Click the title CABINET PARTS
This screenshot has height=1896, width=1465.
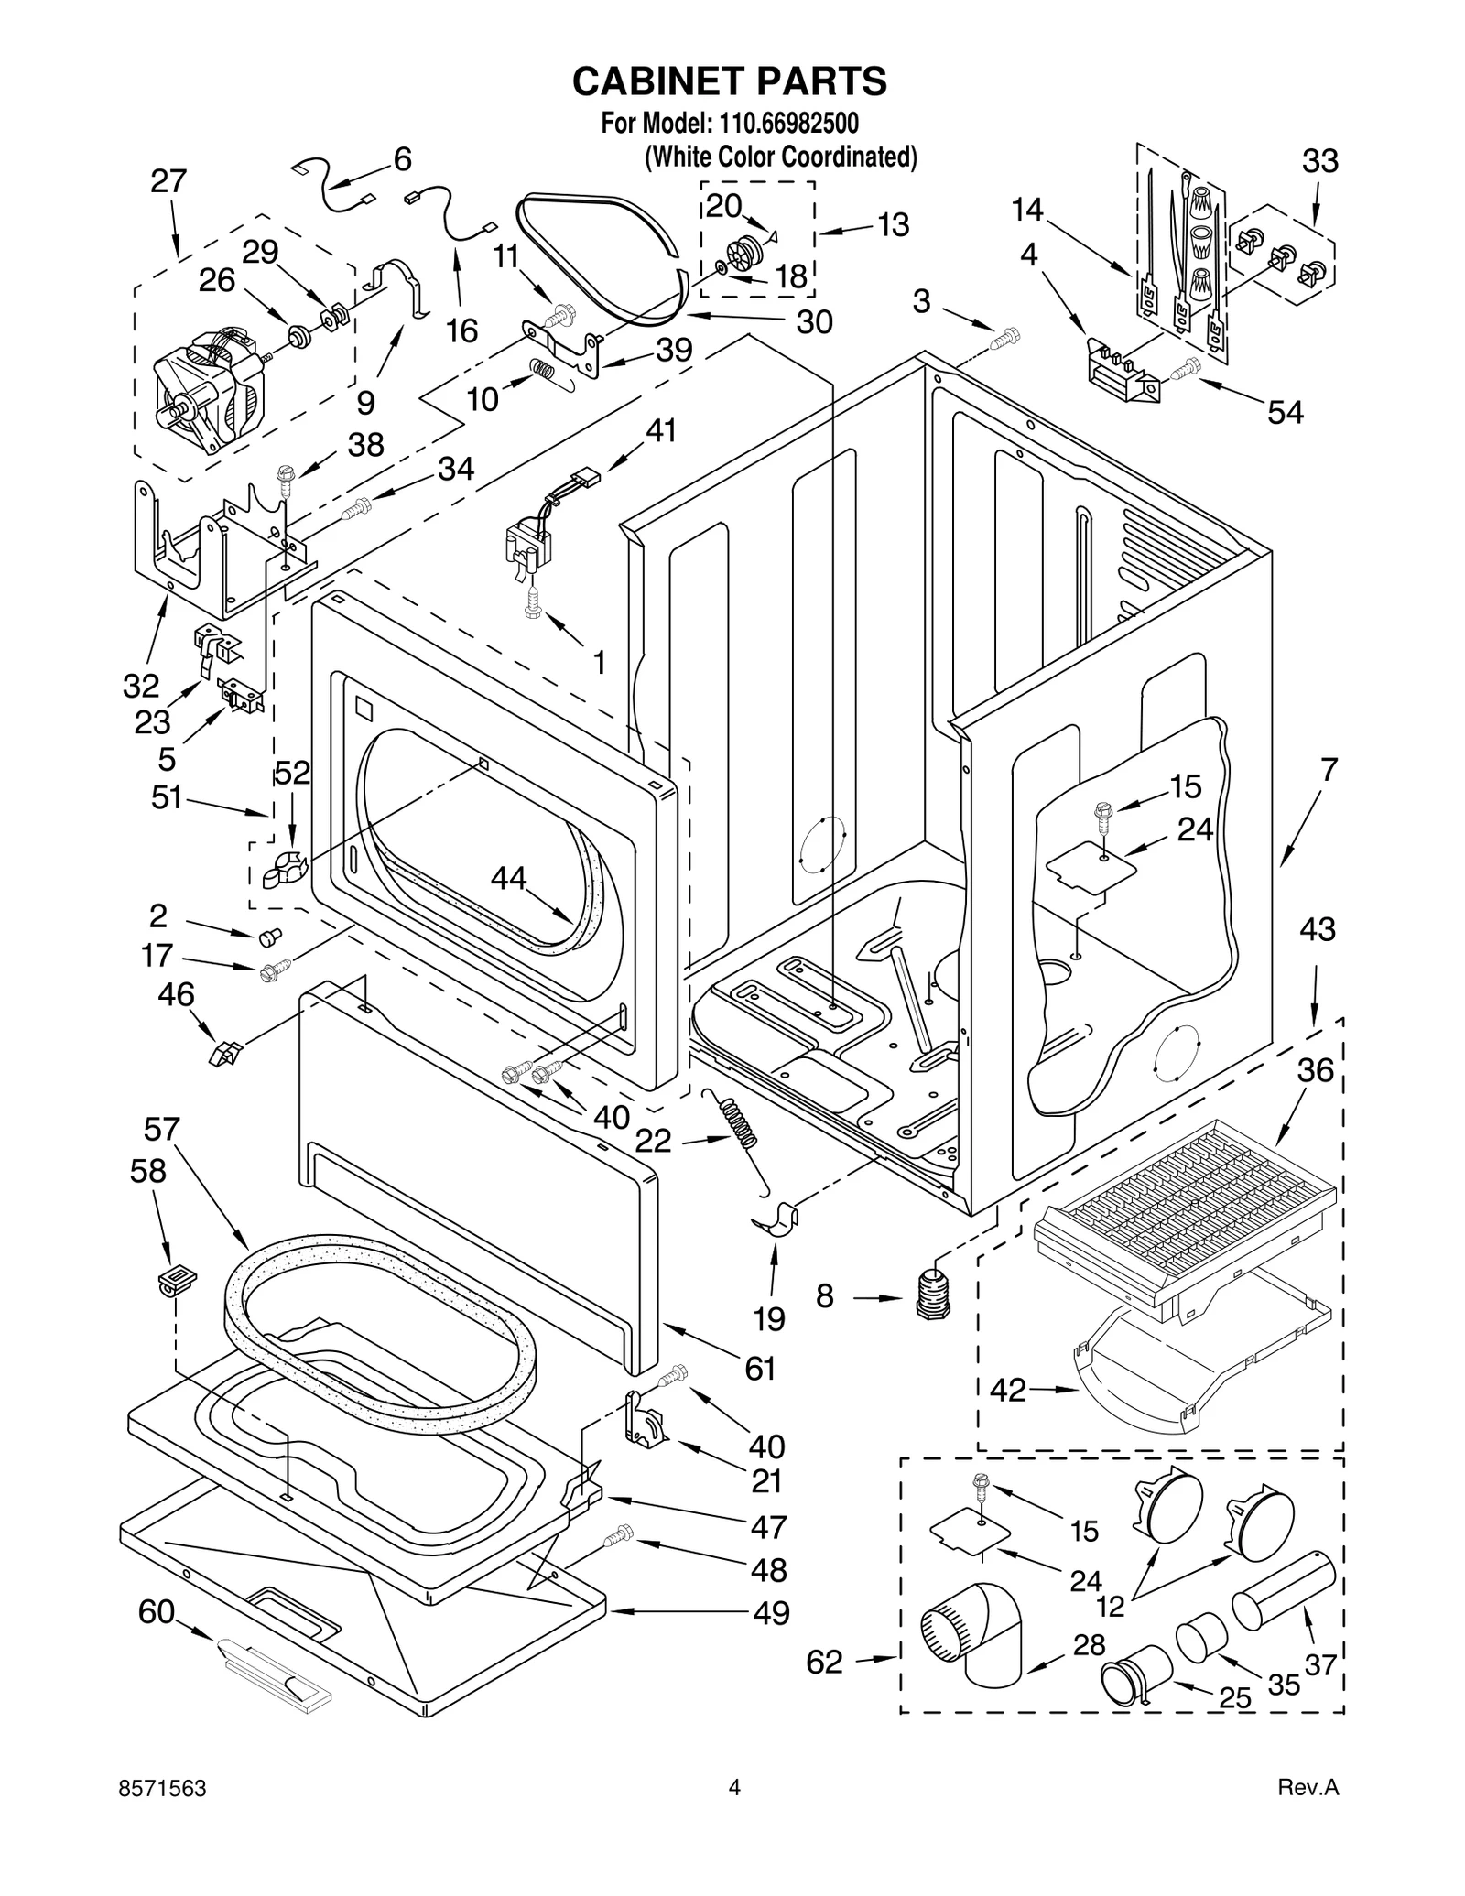coord(730,81)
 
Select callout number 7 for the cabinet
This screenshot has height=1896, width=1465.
coord(1329,769)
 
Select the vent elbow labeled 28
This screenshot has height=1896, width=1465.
coord(971,1643)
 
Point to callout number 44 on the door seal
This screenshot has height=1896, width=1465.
coord(508,879)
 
